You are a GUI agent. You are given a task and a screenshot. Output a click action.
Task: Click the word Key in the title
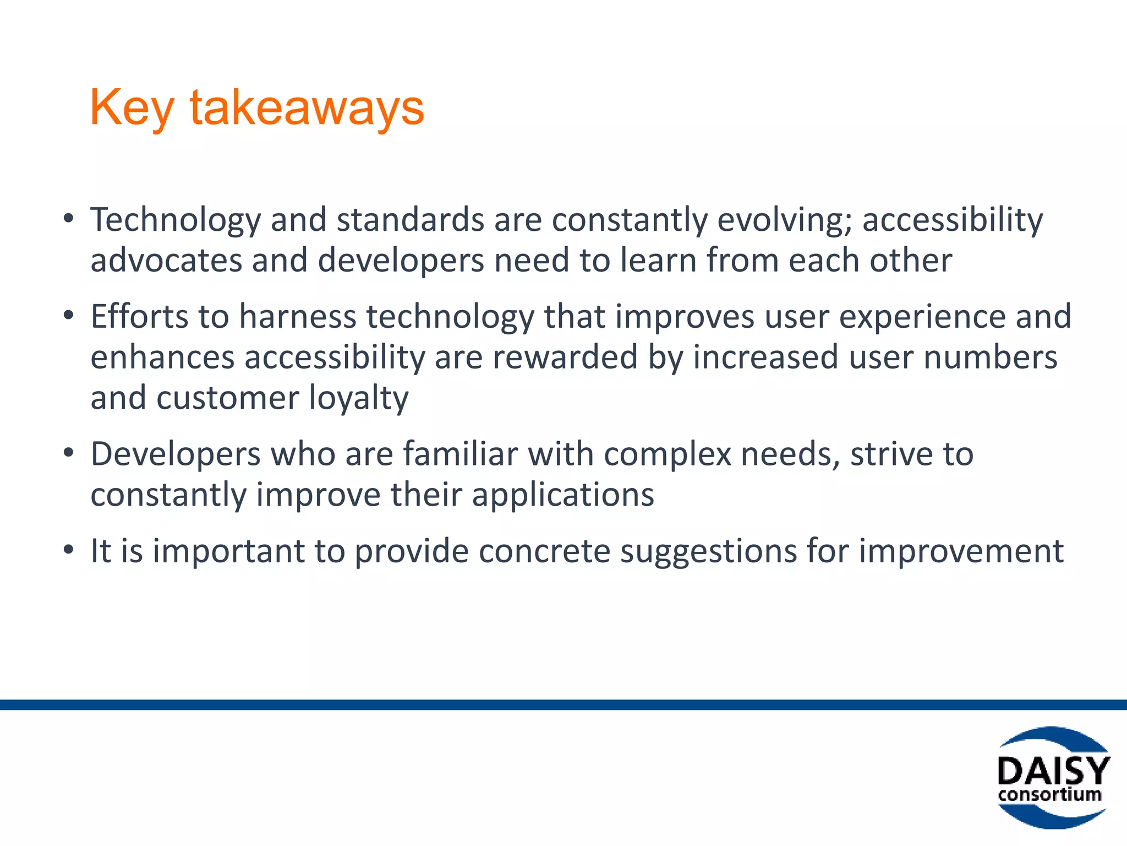tap(132, 108)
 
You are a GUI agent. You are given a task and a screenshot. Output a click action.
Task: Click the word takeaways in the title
tap(307, 108)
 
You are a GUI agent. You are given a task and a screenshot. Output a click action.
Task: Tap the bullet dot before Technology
tap(68, 219)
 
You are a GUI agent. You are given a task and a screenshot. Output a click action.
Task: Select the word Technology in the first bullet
tap(176, 220)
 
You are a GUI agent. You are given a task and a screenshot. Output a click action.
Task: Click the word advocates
tap(166, 260)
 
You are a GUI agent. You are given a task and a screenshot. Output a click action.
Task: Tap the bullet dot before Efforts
tap(68, 316)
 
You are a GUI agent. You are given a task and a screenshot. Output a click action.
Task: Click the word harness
tap(298, 317)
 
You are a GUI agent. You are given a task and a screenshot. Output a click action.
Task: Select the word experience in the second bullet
tap(922, 318)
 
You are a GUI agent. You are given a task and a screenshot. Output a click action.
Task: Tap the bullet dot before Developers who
tap(68, 453)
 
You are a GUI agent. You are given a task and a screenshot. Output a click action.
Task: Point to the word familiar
tap(461, 454)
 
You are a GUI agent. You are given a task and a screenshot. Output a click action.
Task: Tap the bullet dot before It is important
tap(68, 550)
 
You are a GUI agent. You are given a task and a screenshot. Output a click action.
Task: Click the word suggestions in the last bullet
tap(708, 552)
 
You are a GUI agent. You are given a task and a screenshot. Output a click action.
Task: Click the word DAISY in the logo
tap(1053, 771)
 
